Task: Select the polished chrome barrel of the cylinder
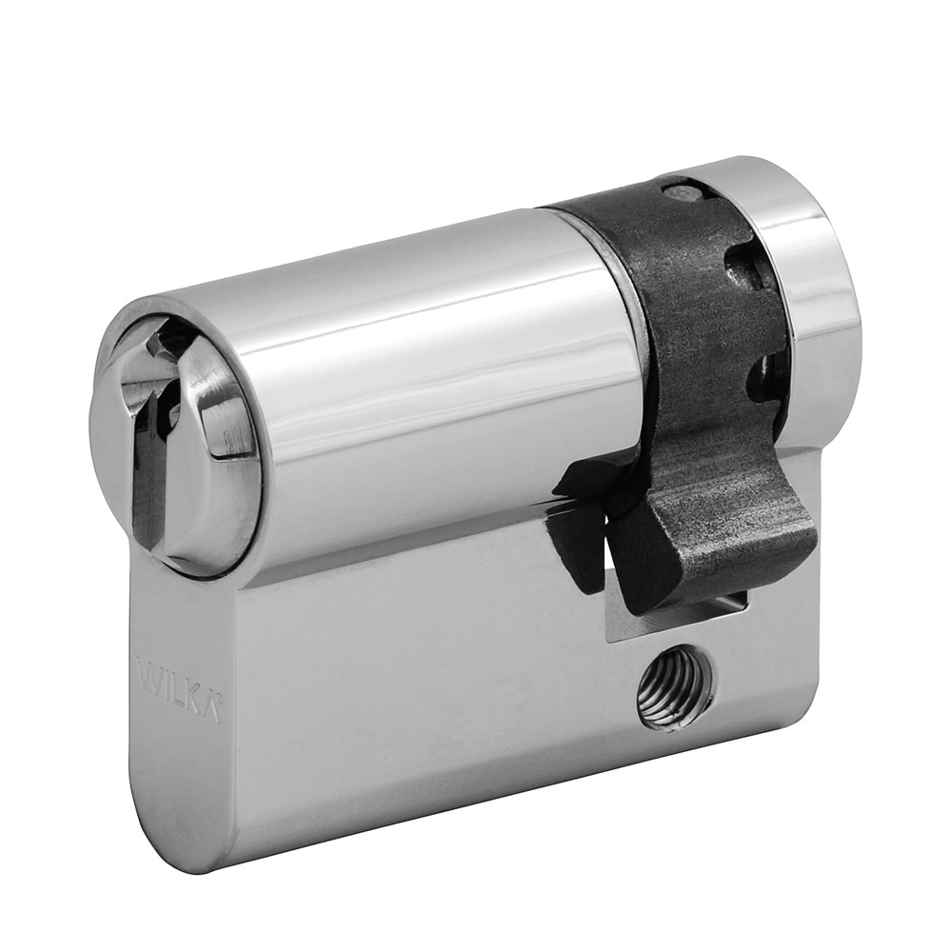click(428, 362)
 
